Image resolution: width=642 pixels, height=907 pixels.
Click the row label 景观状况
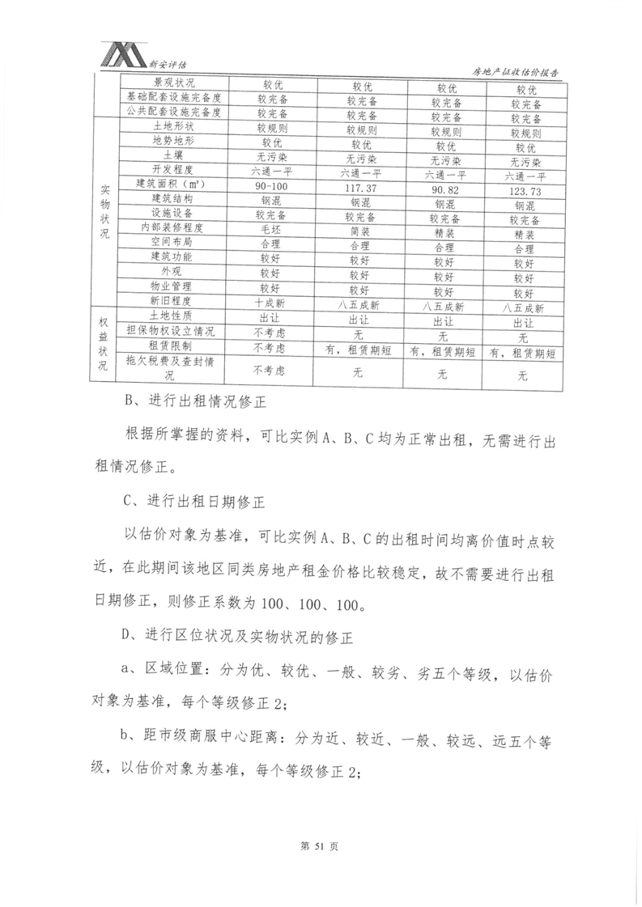(174, 83)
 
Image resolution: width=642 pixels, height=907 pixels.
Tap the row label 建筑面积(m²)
(174, 184)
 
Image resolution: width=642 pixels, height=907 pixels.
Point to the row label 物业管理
(174, 287)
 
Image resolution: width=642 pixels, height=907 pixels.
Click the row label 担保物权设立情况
(174, 332)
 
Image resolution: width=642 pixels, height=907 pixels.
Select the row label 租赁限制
(174, 346)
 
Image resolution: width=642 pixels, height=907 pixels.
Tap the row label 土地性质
(174, 317)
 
